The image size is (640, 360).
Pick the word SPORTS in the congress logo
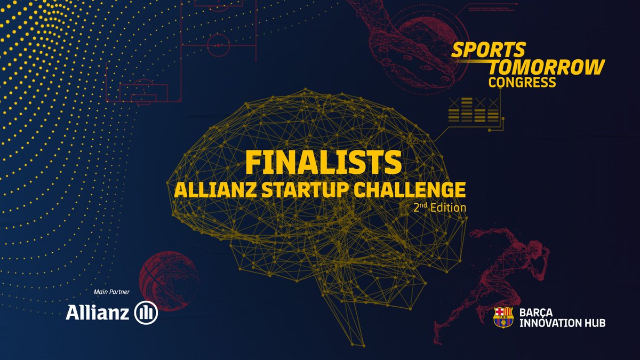click(x=488, y=50)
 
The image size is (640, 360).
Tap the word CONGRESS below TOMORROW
click(x=522, y=82)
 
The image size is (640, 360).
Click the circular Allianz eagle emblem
click(x=146, y=313)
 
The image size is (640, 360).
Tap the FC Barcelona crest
click(x=502, y=317)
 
